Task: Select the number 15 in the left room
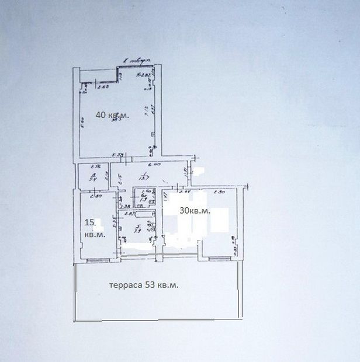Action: coord(89,222)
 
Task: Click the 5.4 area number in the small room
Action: coord(92,180)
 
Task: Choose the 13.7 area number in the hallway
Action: coord(140,178)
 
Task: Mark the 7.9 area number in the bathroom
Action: coord(137,231)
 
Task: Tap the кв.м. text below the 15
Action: coord(95,235)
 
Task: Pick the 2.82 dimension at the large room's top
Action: coord(141,75)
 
